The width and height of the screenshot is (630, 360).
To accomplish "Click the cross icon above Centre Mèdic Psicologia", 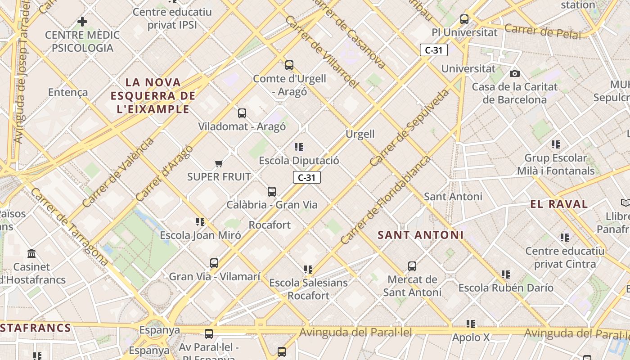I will click(82, 21).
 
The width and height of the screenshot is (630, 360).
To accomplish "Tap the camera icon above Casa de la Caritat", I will click(515, 73).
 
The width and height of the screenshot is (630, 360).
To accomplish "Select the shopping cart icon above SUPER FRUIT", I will click(219, 163).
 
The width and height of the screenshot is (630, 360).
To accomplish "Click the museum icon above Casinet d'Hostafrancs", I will click(31, 254).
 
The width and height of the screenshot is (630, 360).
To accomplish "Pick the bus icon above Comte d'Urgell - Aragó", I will click(289, 65).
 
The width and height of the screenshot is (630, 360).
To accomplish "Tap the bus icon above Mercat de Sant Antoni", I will click(412, 266).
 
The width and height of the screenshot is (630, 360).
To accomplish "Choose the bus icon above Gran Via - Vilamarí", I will click(214, 263).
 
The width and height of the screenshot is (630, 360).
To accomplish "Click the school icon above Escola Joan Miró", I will click(200, 221).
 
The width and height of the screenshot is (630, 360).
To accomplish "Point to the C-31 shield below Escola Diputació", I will click(307, 177).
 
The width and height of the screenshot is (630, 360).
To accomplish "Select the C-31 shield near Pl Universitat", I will click(434, 50).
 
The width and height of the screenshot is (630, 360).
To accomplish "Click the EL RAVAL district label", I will click(559, 204).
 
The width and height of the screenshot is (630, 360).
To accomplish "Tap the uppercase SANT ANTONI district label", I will click(420, 235).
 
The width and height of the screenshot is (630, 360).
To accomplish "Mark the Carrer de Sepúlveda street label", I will click(409, 127).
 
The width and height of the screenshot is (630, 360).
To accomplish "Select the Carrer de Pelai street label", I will click(542, 31).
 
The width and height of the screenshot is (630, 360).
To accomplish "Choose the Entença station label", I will click(68, 92).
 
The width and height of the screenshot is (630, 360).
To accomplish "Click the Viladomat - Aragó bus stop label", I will click(242, 126).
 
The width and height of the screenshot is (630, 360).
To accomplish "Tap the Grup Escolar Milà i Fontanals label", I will click(556, 164).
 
